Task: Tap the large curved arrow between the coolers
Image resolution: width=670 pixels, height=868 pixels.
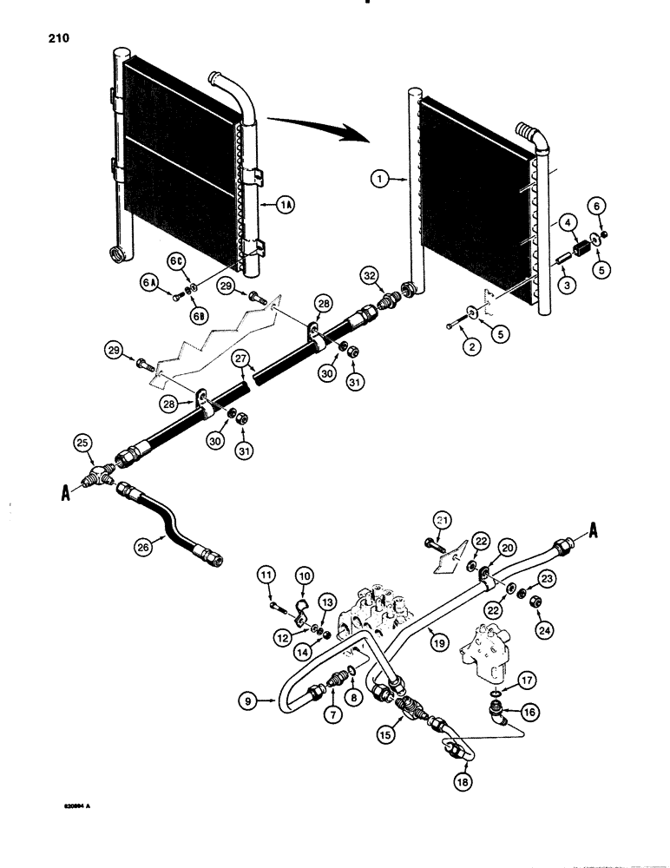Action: pyautogui.click(x=317, y=131)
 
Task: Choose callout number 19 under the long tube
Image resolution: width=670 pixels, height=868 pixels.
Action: pyautogui.click(x=436, y=643)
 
